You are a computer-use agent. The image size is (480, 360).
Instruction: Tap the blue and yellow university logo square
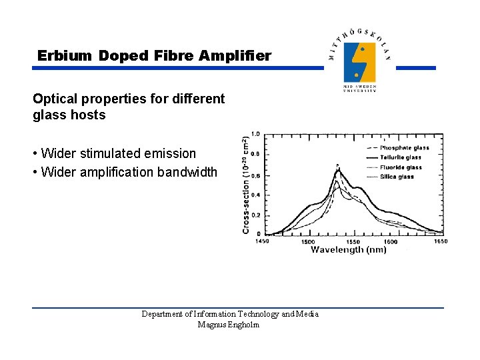359,62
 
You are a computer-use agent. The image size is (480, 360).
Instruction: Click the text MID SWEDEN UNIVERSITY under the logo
359,89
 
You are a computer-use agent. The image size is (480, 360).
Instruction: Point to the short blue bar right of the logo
415,67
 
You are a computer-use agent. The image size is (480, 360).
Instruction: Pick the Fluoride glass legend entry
403,167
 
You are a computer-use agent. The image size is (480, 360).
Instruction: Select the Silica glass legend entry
399,177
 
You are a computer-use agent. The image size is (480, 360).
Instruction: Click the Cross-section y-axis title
246,185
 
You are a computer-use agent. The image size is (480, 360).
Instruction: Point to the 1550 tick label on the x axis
353,241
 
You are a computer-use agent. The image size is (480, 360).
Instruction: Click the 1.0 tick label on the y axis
255,134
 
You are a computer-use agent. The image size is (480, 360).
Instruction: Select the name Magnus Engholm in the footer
229,325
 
